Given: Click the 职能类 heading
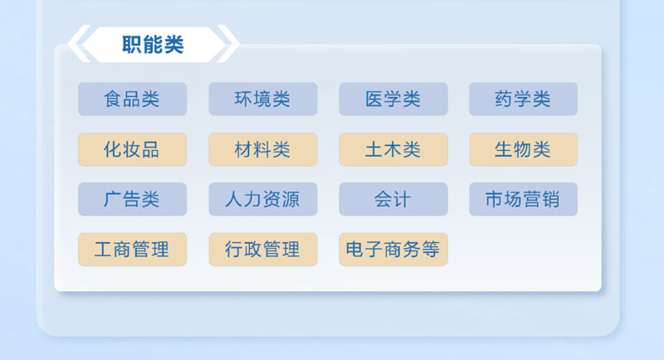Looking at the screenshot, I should pyautogui.click(x=153, y=44).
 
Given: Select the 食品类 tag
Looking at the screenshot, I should pyautogui.click(x=132, y=100).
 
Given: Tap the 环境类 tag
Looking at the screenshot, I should pyautogui.click(x=262, y=100).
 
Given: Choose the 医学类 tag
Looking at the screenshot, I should pyautogui.click(x=393, y=100).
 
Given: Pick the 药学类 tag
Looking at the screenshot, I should pyautogui.click(x=523, y=100).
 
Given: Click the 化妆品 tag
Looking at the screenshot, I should pyautogui.click(x=132, y=150).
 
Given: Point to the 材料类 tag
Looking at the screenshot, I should pyautogui.click(x=262, y=150).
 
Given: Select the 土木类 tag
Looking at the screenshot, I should pyautogui.click(x=393, y=150).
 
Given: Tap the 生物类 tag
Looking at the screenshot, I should pyautogui.click(x=523, y=150).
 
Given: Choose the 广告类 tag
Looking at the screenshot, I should pyautogui.click(x=132, y=200).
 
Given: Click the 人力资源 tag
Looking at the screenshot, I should pyautogui.click(x=262, y=200).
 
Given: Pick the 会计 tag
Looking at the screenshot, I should pyautogui.click(x=393, y=200).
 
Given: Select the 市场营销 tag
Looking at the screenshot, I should pyautogui.click(x=523, y=200).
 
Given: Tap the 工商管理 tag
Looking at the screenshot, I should pyautogui.click(x=132, y=250).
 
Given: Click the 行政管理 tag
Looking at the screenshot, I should pyautogui.click(x=262, y=250).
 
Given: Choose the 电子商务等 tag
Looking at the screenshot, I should pyautogui.click(x=393, y=250).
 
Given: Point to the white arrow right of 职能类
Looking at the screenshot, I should pyautogui.click(x=229, y=44).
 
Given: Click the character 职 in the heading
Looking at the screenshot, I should pyautogui.click(x=132, y=44).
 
